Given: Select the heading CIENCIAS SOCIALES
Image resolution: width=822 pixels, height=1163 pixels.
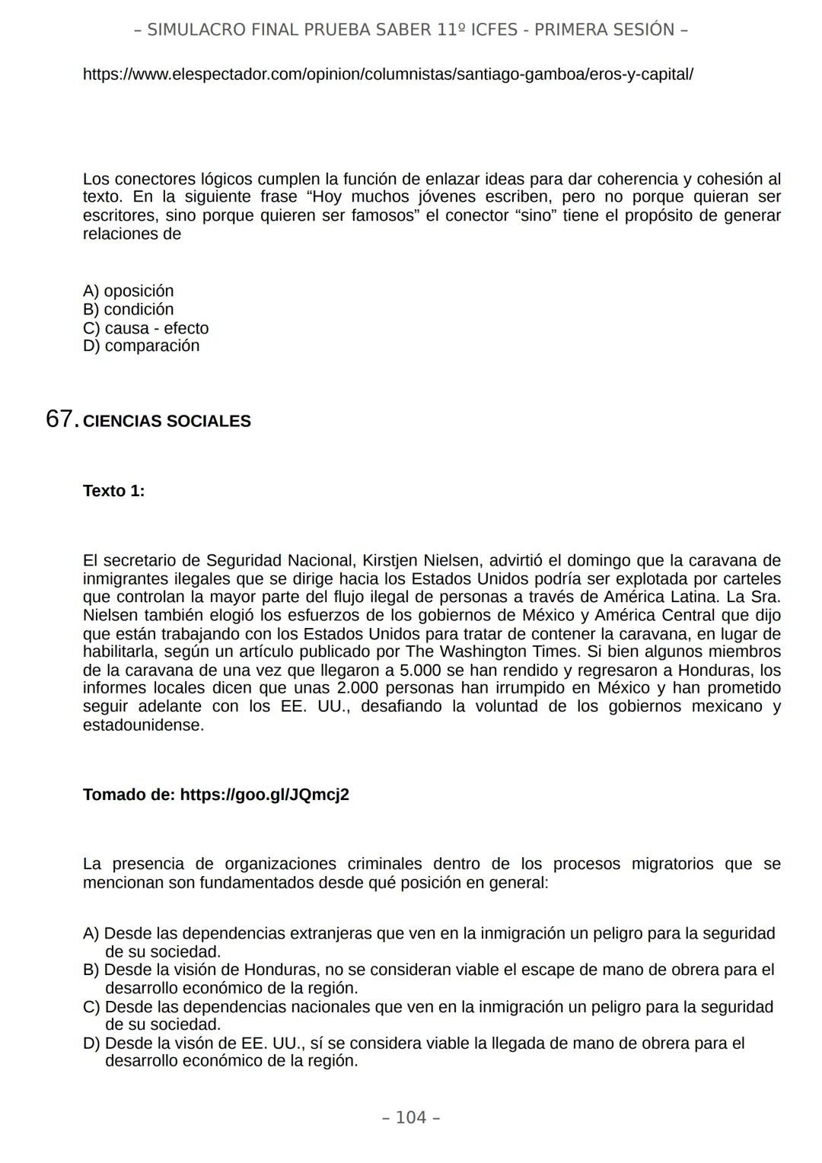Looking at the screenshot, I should (167, 422).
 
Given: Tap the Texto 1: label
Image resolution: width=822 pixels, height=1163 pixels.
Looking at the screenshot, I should (113, 491).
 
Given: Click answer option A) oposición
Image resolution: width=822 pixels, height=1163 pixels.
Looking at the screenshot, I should (128, 291).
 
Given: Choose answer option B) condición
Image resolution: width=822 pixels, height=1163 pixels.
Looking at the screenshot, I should (128, 309).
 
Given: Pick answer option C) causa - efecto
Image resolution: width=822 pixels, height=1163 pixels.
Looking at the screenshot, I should (145, 328).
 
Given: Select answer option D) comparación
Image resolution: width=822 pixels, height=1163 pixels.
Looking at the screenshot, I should (141, 346).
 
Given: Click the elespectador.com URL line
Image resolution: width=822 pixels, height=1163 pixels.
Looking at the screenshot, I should (387, 75).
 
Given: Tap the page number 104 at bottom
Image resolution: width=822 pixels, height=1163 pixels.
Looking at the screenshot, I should (411, 1117).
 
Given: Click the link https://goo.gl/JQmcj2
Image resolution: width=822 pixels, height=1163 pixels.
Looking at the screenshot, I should (264, 795).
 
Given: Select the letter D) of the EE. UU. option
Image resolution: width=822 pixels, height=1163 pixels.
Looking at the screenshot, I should (91, 1044).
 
